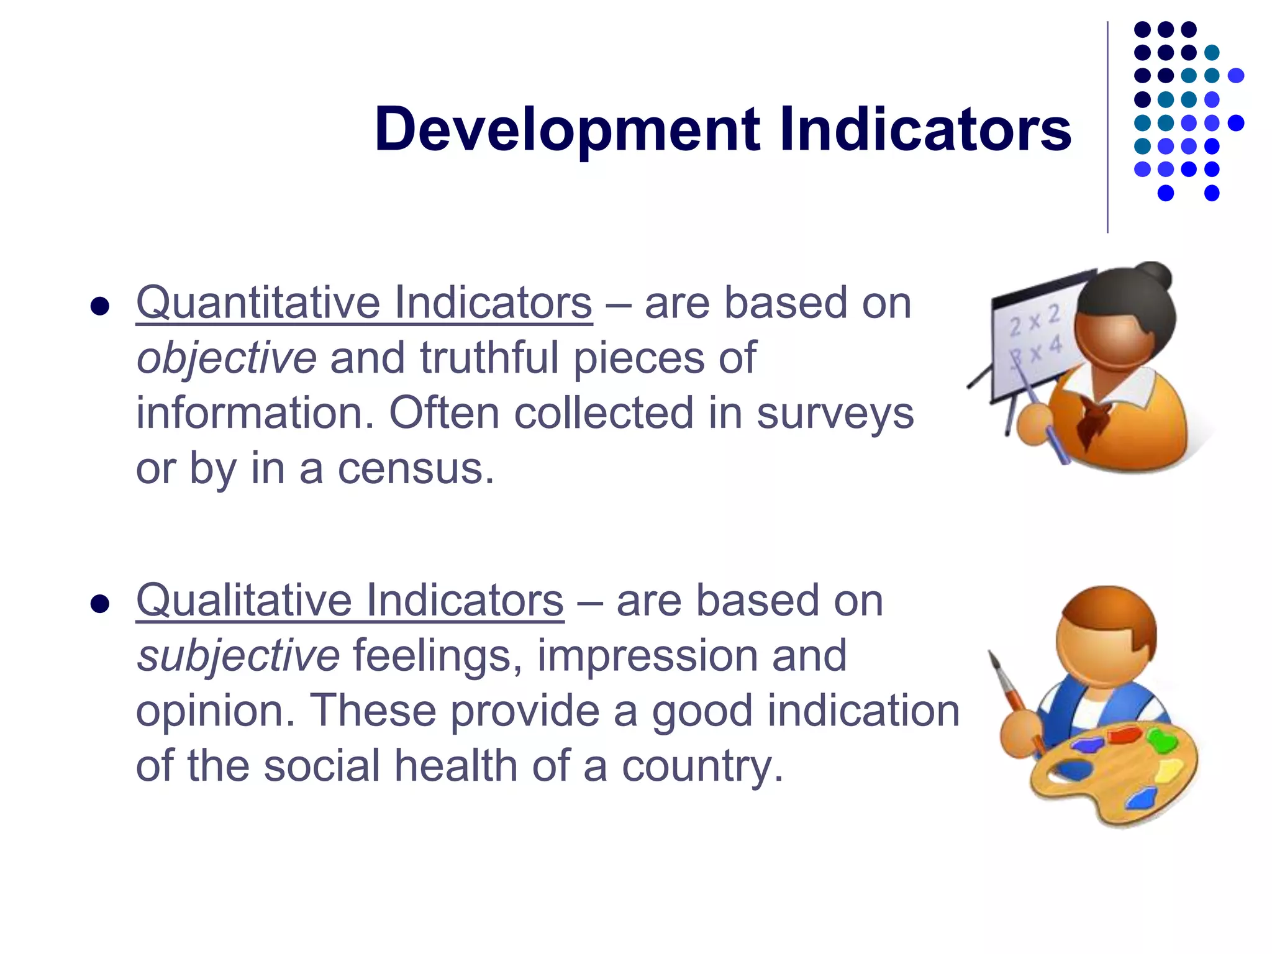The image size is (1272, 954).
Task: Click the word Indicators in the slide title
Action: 925,129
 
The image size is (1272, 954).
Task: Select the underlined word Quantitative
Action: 258,303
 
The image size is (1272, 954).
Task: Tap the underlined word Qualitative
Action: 243,601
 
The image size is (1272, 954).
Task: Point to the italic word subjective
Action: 238,656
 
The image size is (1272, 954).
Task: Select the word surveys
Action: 835,414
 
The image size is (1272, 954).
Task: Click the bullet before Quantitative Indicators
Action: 100,306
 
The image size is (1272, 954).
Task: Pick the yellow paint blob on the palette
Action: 1169,770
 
